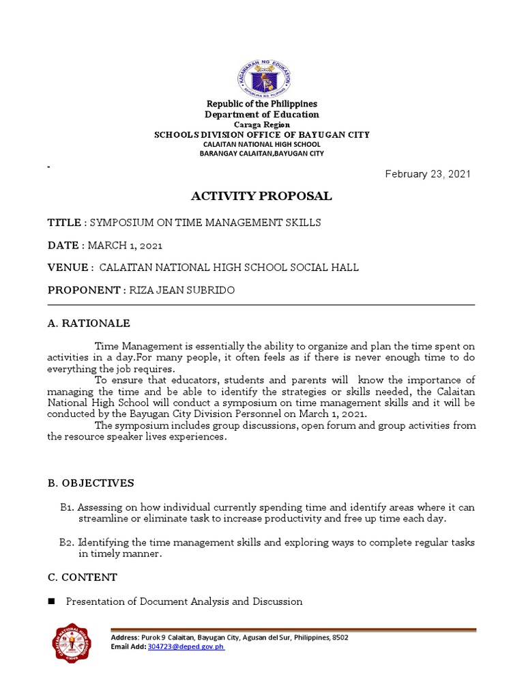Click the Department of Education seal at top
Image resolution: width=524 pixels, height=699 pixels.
pos(263,70)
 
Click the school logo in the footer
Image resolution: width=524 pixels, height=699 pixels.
pos(75,642)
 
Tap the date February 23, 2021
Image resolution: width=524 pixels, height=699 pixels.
pos(428,174)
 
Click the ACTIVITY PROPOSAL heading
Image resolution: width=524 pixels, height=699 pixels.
pos(261,197)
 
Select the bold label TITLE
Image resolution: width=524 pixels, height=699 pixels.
pos(63,223)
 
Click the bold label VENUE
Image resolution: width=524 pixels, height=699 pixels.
pos(68,268)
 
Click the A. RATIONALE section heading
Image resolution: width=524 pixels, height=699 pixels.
pos(89,324)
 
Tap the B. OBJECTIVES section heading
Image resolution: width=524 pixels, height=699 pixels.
pos(91,483)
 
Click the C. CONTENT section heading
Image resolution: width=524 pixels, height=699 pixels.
pos(83,577)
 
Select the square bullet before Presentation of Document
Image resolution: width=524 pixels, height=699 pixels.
pos(51,601)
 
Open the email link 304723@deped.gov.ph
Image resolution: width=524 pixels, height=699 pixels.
pos(186,646)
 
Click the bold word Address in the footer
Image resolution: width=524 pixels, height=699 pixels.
pos(124,637)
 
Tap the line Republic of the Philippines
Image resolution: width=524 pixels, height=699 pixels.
pos(263,104)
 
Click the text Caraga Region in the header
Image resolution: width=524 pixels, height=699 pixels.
pos(263,125)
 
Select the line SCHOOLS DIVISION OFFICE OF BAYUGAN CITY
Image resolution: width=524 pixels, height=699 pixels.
pos(263,135)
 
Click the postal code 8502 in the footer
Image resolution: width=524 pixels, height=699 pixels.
pos(339,637)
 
